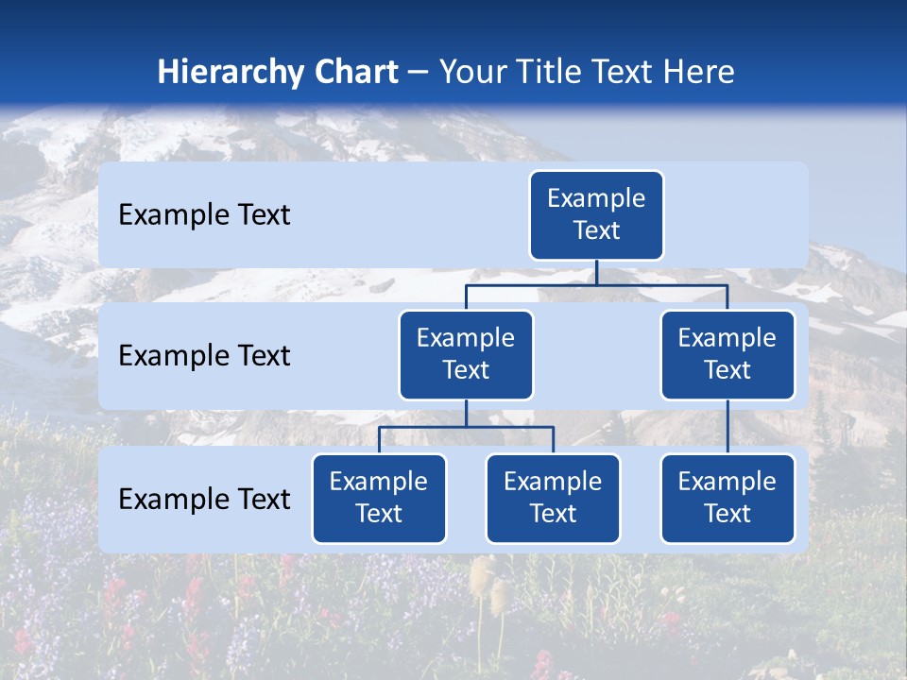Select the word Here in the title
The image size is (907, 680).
tap(698, 72)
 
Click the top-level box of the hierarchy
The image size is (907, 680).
tap(596, 214)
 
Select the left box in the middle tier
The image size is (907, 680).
tap(466, 354)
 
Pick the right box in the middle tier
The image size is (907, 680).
tap(727, 354)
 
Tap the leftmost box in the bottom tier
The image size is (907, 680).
tap(379, 498)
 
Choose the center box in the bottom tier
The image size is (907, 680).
tap(553, 498)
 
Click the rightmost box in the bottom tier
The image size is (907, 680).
tap(727, 498)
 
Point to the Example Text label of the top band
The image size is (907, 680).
tap(204, 214)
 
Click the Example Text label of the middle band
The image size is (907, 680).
tap(204, 355)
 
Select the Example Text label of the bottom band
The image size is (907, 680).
tap(204, 499)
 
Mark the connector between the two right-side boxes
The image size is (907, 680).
tap(727, 427)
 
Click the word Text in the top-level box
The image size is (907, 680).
tap(596, 230)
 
